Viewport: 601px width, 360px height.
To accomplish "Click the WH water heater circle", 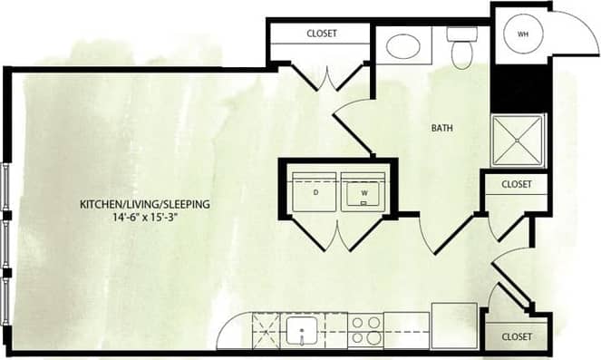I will (x=522, y=34).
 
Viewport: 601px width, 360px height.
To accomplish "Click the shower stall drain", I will (x=518, y=141).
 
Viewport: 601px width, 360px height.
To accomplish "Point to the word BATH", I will (x=441, y=129).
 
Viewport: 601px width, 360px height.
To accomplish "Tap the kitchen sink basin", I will (x=301, y=330).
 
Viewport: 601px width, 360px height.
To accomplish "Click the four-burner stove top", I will (x=365, y=330).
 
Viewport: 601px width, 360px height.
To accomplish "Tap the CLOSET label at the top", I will (x=322, y=34).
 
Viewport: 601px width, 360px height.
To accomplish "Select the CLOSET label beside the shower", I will (x=516, y=184).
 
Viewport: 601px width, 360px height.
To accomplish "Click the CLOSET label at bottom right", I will (x=516, y=336).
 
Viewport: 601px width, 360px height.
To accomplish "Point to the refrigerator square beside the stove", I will (x=454, y=326).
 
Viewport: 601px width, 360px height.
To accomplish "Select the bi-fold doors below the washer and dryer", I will (x=337, y=236).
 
